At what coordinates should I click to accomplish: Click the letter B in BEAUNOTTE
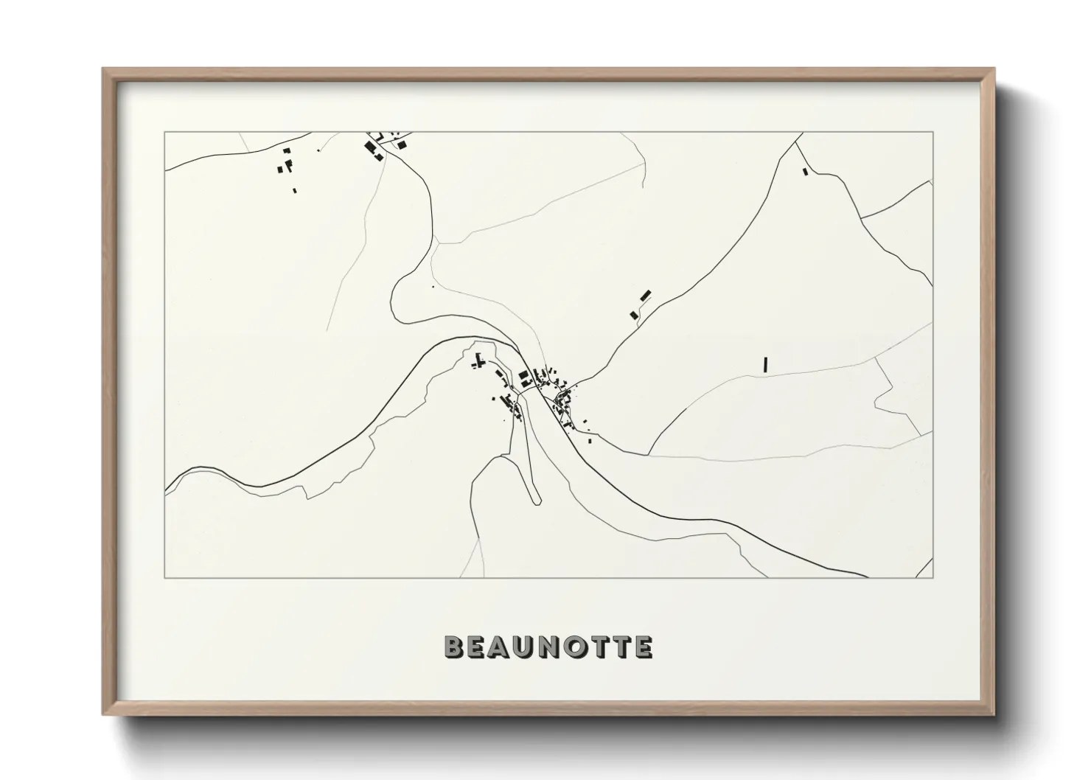tap(454, 647)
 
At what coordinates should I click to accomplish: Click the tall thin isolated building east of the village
tap(766, 363)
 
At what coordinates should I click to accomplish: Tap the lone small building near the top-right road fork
tap(805, 172)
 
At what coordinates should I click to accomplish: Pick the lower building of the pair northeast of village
tap(633, 315)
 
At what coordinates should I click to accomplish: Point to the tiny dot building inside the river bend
tap(433, 286)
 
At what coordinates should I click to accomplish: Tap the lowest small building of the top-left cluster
tap(295, 190)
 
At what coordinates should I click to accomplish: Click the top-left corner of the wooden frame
tap(104, 69)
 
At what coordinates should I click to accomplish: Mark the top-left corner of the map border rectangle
tap(165, 133)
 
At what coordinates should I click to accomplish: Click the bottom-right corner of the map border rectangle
tap(933, 577)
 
